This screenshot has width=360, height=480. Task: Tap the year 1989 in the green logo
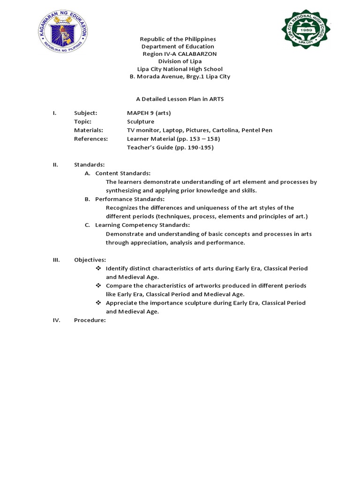(306, 29)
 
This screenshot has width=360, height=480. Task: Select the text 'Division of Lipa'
(180, 61)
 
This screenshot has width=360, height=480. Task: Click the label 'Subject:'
(86, 113)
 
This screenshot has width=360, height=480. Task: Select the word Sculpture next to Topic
(140, 121)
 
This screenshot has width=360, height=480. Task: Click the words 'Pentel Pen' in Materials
(257, 130)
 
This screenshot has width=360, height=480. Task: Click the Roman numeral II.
(55, 165)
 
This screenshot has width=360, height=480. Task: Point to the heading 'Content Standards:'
(123, 173)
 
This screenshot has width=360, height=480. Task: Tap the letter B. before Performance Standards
(87, 199)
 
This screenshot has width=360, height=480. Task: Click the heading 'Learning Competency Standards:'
(142, 225)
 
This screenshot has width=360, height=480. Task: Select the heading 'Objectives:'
(90, 260)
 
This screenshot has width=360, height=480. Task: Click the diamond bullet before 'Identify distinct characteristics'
(98, 269)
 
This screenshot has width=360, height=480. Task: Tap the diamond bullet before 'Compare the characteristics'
(98, 285)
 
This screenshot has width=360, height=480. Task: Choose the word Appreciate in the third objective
(121, 303)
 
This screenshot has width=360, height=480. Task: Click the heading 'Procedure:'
(90, 320)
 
